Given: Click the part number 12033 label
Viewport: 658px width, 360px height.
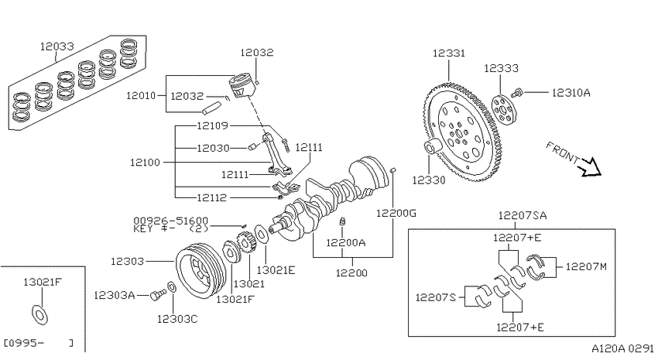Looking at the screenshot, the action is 57,46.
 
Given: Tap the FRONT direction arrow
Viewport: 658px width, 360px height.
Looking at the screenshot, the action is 590,166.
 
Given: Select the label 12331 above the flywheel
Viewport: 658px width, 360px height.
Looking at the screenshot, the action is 448,53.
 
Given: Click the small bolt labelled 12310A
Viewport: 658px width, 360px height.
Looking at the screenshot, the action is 517,93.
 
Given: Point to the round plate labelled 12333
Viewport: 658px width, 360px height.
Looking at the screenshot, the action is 505,110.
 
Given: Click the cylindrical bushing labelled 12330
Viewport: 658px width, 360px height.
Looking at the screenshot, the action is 432,148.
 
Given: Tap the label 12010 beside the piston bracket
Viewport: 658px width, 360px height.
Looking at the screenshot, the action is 141,96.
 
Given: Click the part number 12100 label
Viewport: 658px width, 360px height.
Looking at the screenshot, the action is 145,163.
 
